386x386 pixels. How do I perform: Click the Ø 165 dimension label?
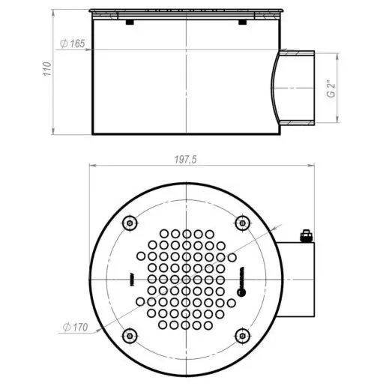(73, 43)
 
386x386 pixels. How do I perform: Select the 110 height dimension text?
(47, 68)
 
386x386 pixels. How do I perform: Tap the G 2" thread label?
(331, 88)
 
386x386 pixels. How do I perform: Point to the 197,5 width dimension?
(185, 160)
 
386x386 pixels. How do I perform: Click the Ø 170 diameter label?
(75, 327)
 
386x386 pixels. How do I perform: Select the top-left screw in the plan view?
(130, 223)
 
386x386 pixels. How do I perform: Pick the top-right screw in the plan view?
(242, 223)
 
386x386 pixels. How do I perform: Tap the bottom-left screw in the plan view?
(130, 336)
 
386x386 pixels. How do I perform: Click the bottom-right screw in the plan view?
(242, 336)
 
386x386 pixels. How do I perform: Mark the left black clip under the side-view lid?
(130, 22)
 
